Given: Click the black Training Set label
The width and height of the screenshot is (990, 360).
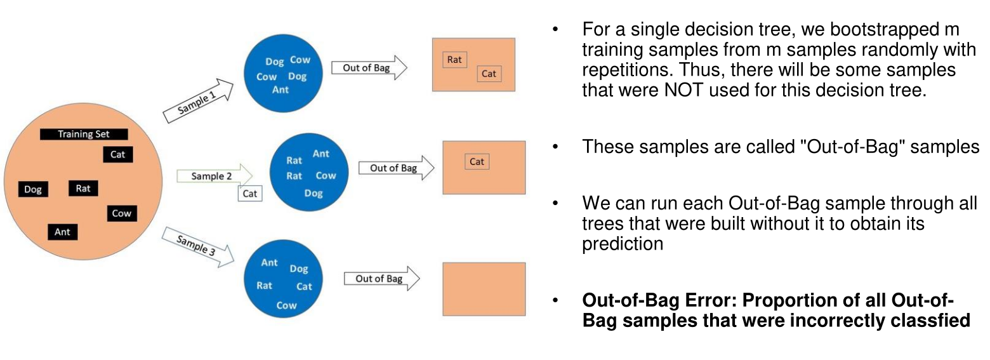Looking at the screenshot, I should point(84,134).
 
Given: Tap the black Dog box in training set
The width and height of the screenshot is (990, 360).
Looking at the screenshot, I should point(33,189).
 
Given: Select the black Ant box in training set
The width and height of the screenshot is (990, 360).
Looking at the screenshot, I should point(62,232).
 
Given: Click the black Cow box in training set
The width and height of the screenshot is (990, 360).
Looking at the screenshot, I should point(121,213).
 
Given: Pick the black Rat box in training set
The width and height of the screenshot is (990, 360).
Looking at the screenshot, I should point(83,188).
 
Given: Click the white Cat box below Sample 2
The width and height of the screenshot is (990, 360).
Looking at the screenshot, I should point(250,194).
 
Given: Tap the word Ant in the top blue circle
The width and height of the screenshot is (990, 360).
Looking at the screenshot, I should point(280,90).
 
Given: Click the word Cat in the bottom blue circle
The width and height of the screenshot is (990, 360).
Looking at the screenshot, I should point(304,286).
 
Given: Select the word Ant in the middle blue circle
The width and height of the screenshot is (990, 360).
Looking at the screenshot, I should point(321,154).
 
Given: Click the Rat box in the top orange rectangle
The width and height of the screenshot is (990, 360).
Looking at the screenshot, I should point(454,60).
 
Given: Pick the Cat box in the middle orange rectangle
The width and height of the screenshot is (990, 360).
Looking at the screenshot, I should point(477,161).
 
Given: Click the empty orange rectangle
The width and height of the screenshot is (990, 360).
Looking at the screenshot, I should point(484,289).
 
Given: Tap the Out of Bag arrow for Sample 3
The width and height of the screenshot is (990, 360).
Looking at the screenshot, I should point(381,279).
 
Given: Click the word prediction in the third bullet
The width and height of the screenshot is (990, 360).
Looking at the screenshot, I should point(623,243).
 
